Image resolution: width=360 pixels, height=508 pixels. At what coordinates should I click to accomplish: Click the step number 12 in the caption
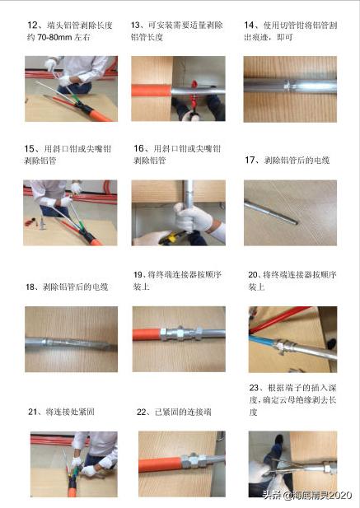pos(32,26)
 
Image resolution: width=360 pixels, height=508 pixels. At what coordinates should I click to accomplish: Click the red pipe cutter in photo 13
pos(194,95)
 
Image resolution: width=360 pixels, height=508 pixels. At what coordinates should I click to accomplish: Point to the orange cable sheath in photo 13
pos(152,91)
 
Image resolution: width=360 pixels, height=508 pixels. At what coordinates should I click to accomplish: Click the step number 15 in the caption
pos(29,149)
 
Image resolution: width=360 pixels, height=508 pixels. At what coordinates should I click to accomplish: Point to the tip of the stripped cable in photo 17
pos(297,222)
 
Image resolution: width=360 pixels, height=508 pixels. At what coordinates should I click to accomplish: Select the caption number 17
pos(250,160)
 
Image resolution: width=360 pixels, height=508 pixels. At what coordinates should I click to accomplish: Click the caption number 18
pos(30,287)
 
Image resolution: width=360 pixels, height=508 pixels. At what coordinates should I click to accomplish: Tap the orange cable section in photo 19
pos(147,334)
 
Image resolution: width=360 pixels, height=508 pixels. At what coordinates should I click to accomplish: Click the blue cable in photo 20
pos(262,341)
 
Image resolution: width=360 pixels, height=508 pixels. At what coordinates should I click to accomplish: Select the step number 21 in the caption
pos(32,412)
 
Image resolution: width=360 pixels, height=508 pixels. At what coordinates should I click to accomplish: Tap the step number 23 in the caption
pos(254,388)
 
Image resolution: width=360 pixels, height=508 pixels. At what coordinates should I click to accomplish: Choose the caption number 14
pos(249,26)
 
